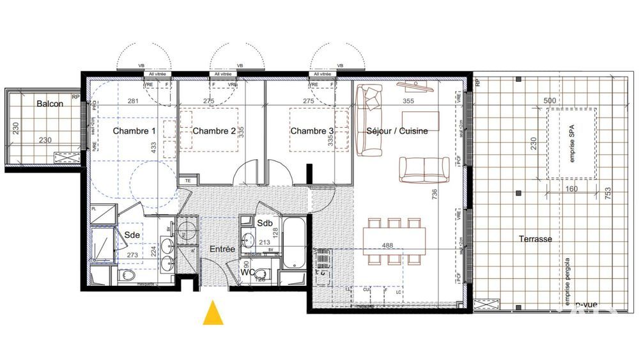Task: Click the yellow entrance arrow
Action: [x=213, y=314]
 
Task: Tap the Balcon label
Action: [x=49, y=104]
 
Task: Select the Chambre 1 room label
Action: [x=134, y=131]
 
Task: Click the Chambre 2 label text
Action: [x=214, y=131]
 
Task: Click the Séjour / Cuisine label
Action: [x=397, y=131]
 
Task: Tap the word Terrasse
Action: [x=535, y=239]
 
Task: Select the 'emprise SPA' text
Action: [x=572, y=145]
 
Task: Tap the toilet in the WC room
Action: [x=263, y=274]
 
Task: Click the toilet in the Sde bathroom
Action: [x=128, y=276]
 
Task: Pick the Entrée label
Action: [x=222, y=249]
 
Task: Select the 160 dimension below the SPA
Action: [x=572, y=189]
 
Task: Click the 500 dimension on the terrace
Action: [x=548, y=101]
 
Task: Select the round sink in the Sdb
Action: [x=248, y=240]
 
